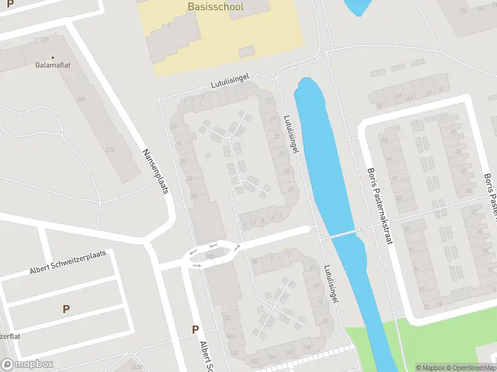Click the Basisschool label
pyautogui.click(x=215, y=7)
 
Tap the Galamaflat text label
pyautogui.click(x=53, y=64)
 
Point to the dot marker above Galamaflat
pyautogui.click(x=53, y=58)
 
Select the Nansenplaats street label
pyautogui.click(x=156, y=172)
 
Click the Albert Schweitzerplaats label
pyautogui.click(x=68, y=263)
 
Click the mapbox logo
pyautogui.click(x=27, y=365)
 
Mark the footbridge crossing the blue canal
pyautogui.click(x=343, y=234)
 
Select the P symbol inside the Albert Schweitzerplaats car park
pyautogui.click(x=66, y=309)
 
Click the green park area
pyautogui.click(x=435, y=347)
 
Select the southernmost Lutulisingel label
pyautogui.click(x=331, y=284)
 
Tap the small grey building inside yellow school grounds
pyautogui.click(x=247, y=51)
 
